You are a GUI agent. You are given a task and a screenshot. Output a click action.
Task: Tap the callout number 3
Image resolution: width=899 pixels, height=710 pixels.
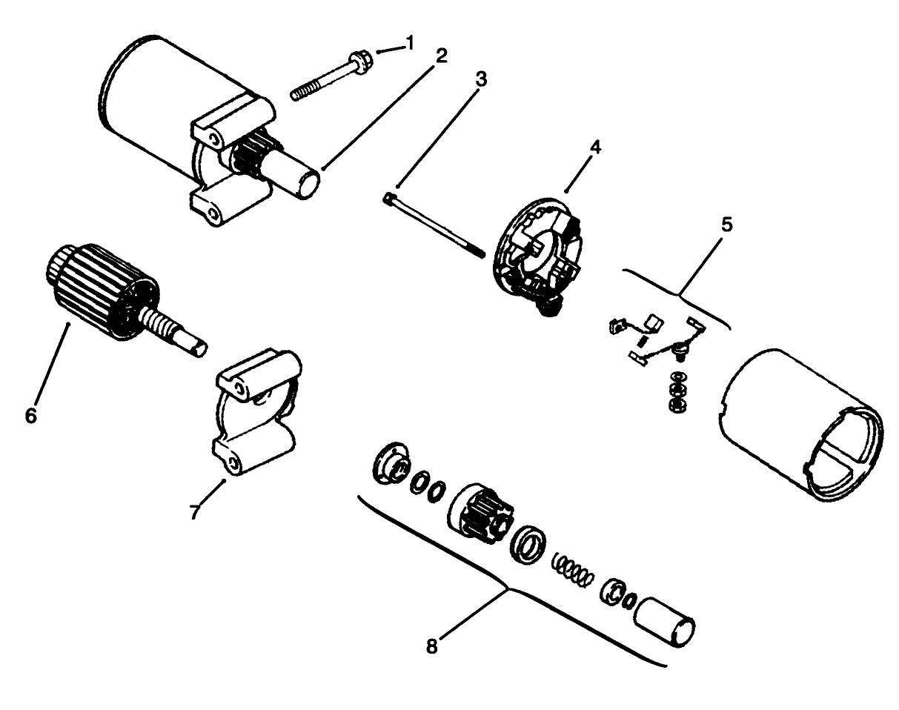point(481,80)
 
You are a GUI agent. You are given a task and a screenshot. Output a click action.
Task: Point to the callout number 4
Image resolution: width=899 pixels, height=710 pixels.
point(596,147)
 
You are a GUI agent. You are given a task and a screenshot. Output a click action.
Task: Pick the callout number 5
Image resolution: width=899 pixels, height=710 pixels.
point(727,225)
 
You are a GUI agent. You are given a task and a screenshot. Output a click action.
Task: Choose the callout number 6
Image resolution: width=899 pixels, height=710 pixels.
point(30,415)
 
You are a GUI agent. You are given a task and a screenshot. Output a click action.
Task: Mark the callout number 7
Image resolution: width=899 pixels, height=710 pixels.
point(195,511)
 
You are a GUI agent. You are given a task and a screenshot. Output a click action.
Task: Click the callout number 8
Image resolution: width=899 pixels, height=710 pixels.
point(432,645)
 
